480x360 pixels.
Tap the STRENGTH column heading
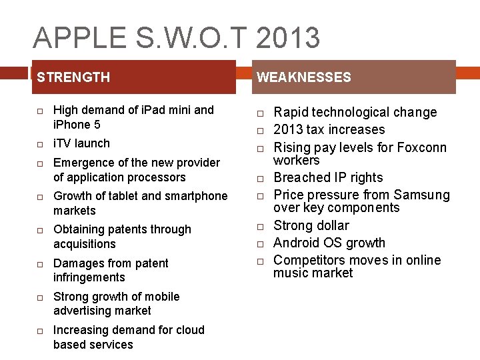click(73, 77)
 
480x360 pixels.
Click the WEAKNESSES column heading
click(303, 77)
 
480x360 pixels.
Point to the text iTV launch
click(81, 143)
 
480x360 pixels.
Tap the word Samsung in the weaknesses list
click(421, 195)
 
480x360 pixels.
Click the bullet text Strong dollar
click(311, 225)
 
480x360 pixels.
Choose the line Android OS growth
click(329, 243)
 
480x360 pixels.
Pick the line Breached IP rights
click(328, 177)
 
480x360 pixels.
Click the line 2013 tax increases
click(329, 129)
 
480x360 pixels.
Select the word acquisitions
click(84, 244)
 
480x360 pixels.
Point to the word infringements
click(89, 277)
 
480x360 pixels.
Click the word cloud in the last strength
click(189, 330)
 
